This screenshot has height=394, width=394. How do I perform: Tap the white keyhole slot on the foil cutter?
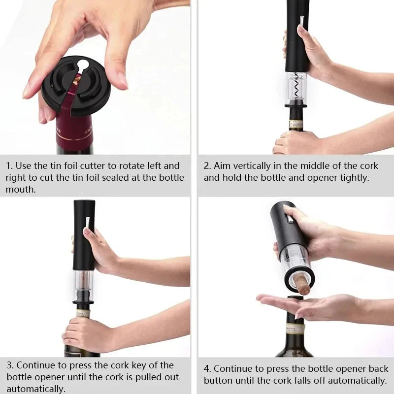coord(84,65)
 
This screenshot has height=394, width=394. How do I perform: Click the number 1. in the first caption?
coord(9,166)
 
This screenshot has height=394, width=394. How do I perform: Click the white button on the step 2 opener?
coord(301,20)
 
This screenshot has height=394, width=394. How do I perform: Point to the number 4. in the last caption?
coord(207,369)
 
